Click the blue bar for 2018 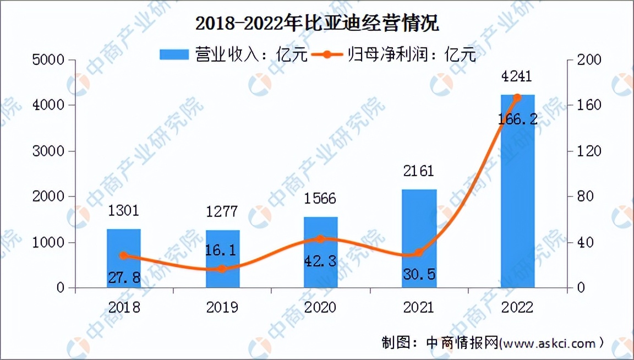pyautogui.click(x=123, y=259)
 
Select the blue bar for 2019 pyautogui.click(x=222, y=259)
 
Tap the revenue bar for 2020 pyautogui.click(x=320, y=253)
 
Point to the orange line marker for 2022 pyautogui.click(x=517, y=98)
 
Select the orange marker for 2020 pyautogui.click(x=320, y=239)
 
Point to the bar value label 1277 pyautogui.click(x=222, y=211)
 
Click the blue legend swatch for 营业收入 pyautogui.click(x=174, y=54)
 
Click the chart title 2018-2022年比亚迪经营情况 pyautogui.click(x=318, y=24)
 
